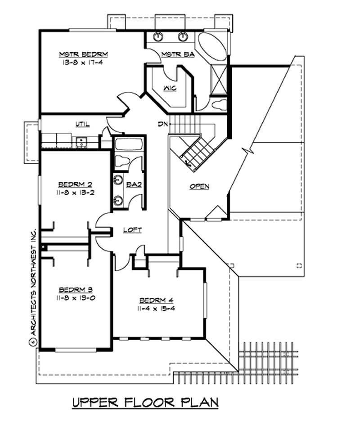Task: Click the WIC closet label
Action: point(170,88)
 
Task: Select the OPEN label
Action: point(199,186)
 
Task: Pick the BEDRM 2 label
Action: point(76,184)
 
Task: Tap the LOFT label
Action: point(133,230)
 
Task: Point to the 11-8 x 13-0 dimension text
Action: point(76,298)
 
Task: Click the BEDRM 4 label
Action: point(156,300)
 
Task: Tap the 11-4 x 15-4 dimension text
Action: point(156,309)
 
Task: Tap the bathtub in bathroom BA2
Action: point(128,145)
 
